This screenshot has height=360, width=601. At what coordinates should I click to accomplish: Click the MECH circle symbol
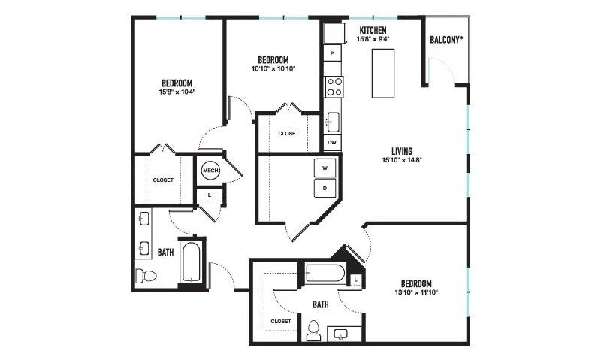click(x=210, y=171)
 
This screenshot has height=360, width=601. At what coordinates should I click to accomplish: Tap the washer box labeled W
click(x=325, y=168)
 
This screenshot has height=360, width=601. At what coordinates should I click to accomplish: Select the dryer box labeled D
click(x=325, y=188)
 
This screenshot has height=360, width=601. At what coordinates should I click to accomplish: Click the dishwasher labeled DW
click(x=332, y=143)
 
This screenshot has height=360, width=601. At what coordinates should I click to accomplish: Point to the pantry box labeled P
click(x=332, y=53)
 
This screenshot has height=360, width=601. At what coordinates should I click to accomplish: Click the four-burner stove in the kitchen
click(x=334, y=87)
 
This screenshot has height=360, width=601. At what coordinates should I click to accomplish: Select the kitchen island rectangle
click(x=383, y=73)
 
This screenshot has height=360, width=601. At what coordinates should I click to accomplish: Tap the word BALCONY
click(x=445, y=40)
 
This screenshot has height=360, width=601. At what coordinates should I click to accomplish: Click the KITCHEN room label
click(x=373, y=30)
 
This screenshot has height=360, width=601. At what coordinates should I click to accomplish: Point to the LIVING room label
click(x=402, y=151)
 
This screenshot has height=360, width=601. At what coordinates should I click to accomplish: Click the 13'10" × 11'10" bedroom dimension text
click(x=416, y=292)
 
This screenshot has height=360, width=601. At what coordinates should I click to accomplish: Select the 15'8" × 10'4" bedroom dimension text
click(x=177, y=92)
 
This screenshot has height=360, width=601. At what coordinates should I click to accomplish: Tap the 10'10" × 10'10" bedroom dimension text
click(x=273, y=69)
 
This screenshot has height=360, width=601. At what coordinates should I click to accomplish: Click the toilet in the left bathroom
click(x=146, y=276)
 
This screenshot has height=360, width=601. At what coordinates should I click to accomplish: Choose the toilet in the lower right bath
click(x=313, y=331)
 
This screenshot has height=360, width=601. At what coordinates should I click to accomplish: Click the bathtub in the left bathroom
click(x=190, y=262)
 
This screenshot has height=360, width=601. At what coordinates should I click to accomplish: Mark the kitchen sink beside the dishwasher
click(x=333, y=123)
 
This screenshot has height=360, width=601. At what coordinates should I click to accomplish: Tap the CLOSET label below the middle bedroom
click(x=288, y=134)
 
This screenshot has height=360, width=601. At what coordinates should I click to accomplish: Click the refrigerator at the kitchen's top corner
click(x=333, y=33)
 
